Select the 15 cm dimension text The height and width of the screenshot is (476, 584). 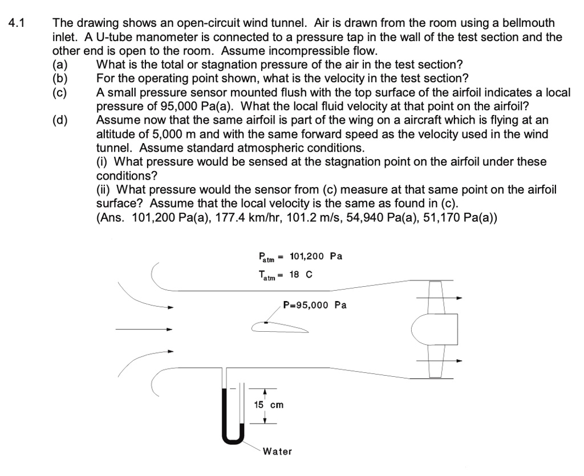[x=268, y=405]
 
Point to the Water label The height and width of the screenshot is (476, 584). [x=277, y=451]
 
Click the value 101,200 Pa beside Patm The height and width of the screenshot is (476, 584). [x=316, y=256]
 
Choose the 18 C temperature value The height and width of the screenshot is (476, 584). [x=301, y=275]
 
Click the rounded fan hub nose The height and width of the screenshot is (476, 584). [x=419, y=329]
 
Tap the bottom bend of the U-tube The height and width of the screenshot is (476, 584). [x=233, y=440]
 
